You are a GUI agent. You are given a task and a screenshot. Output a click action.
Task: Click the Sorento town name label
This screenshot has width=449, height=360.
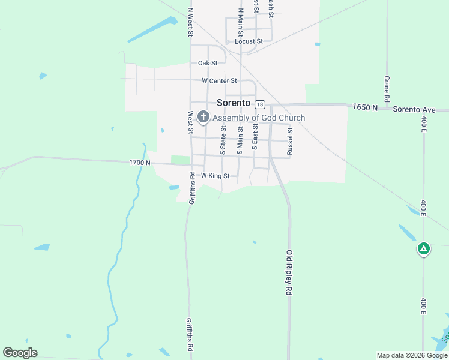pos(233,103)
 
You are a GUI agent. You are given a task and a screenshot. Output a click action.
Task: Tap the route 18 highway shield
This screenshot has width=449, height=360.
pos(259,104)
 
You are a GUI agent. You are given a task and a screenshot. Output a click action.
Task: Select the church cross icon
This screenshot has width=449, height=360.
pos(203,118)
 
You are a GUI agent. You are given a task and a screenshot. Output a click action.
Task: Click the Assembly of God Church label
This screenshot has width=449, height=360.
pos(259,118)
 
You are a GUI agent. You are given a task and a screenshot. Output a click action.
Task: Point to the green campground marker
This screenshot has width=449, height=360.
pos(424,248)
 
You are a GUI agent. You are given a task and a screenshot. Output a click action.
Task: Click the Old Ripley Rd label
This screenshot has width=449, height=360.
pos(289,272)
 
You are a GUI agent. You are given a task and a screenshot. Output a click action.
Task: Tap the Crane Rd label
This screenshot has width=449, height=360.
pos(387,89)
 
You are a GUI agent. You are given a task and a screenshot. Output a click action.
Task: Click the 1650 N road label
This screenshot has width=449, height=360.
pos(366,107)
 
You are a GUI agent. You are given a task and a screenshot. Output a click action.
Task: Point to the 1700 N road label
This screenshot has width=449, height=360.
pos(139,163)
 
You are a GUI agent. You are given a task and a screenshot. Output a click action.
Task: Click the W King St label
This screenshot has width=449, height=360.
pos(215,176)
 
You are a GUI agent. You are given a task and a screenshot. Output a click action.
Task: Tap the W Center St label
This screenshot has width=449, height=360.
pos(219,80)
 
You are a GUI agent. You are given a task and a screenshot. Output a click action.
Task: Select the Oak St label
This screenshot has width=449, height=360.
pos(207,62)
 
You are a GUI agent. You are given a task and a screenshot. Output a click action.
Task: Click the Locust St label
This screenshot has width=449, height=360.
pos(249,41)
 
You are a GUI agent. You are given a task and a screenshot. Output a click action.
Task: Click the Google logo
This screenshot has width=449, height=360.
pos(20,353)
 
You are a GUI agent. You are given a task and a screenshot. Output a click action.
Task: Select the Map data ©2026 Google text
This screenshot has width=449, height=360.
pos(412,355)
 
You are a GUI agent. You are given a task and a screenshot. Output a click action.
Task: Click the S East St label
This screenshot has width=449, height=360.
pos(255,137)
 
